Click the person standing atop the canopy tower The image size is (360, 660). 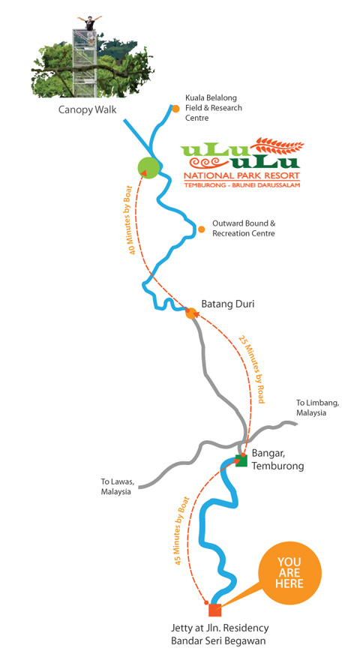click(90, 22)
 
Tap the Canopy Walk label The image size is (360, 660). click(87, 110)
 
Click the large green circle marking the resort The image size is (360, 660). click(148, 166)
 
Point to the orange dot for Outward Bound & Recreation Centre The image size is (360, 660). click(201, 229)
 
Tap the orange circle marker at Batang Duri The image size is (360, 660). click(191, 313)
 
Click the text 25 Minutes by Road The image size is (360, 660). click(252, 369)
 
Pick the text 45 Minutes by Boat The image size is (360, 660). click(183, 531)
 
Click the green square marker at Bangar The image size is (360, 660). click(241, 460)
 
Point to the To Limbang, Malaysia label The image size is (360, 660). click(317, 408)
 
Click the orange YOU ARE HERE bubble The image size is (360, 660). click(289, 572)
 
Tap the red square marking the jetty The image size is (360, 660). click(214, 610)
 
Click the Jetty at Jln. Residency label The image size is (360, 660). click(219, 628)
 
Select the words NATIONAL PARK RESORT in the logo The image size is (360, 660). click(241, 175)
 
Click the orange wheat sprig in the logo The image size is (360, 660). click(279, 146)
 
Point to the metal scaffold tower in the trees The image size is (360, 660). click(84, 62)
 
